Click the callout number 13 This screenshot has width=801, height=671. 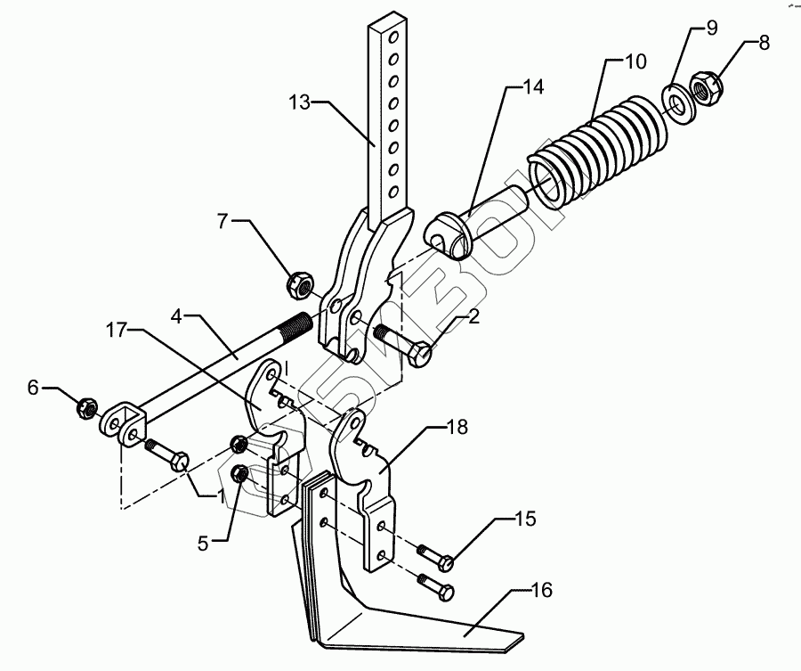tap(300, 103)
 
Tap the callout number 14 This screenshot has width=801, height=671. tap(532, 87)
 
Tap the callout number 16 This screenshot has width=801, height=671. tap(541, 590)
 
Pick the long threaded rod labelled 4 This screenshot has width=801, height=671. tap(222, 365)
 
